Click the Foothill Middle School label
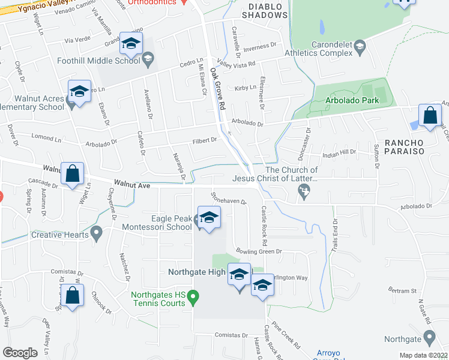tap(99, 61)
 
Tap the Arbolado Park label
tap(352, 100)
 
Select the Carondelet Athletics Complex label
tap(331, 49)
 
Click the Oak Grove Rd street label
tap(217, 88)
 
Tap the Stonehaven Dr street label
tap(229, 198)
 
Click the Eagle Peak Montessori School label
tap(157, 223)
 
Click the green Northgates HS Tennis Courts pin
tap(193, 296)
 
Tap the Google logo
tap(20, 352)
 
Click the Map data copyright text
tap(424, 355)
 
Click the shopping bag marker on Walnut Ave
tap(73, 173)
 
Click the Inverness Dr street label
tap(259, 45)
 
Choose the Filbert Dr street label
tap(205, 140)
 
